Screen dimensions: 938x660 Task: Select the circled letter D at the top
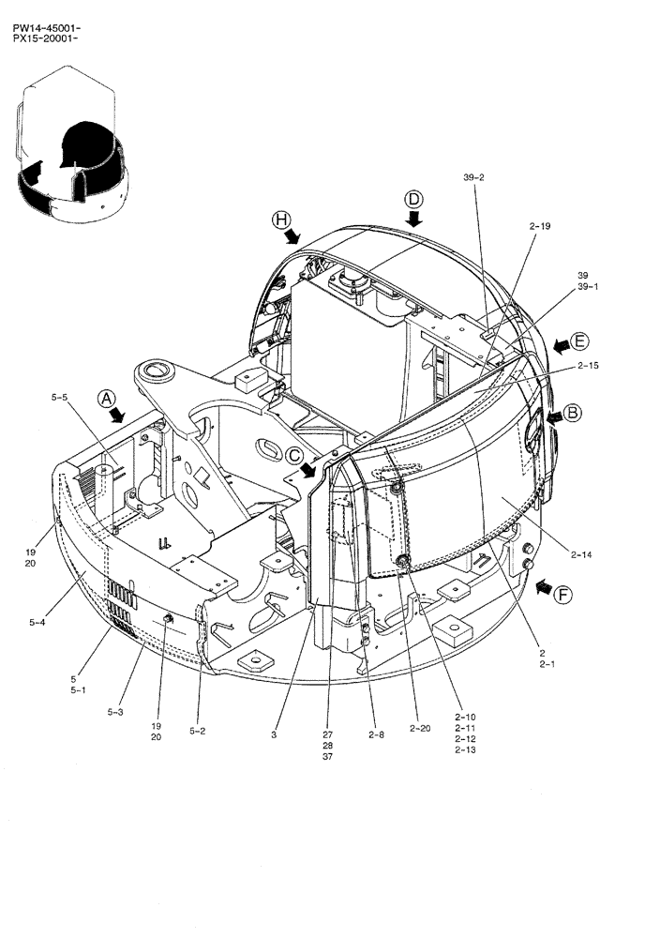pyautogui.click(x=413, y=199)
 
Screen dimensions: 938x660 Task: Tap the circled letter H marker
pyautogui.click(x=279, y=219)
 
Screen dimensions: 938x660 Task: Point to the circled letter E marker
pyautogui.click(x=580, y=340)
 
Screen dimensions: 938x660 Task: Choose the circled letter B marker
pyautogui.click(x=572, y=411)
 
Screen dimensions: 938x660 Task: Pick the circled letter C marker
pyautogui.click(x=295, y=456)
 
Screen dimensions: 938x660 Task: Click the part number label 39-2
pyautogui.click(x=473, y=177)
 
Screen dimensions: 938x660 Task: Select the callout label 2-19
pyautogui.click(x=539, y=226)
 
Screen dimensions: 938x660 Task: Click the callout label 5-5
pyautogui.click(x=59, y=398)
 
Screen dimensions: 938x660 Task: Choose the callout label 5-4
pyautogui.click(x=39, y=621)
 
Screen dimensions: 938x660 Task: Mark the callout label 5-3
pyautogui.click(x=115, y=713)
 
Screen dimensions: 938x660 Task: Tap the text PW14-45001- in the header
pyautogui.click(x=46, y=29)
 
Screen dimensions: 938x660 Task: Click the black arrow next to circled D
pyautogui.click(x=413, y=219)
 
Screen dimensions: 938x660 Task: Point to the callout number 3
pyautogui.click(x=274, y=735)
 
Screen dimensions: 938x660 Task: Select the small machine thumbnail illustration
pyautogui.click(x=70, y=150)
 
